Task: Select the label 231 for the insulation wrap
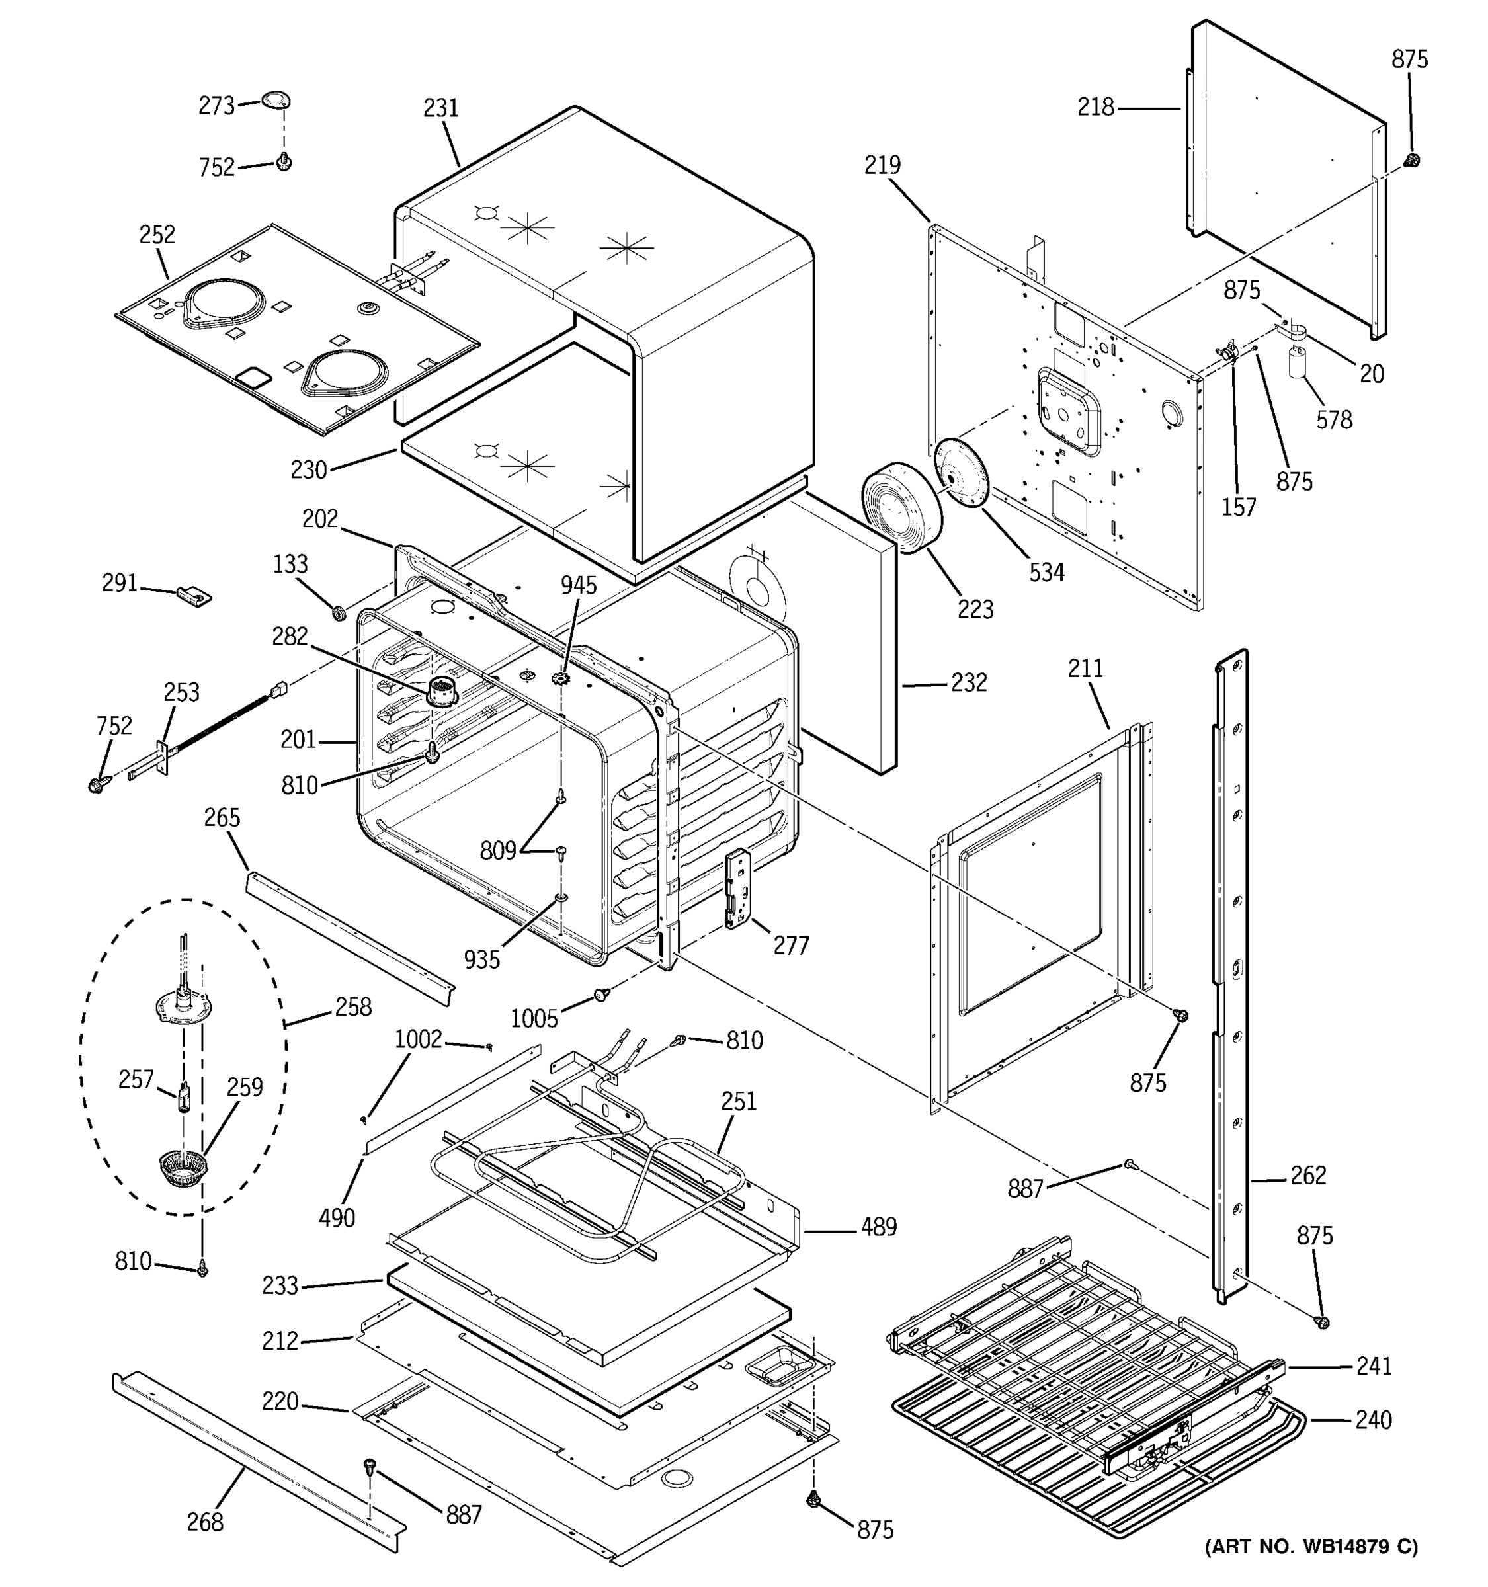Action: [x=440, y=108]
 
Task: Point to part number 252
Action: [x=157, y=234]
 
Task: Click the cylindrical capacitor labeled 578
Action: [x=1296, y=362]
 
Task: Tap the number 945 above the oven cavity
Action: [x=578, y=585]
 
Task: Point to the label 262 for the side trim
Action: [x=1307, y=1175]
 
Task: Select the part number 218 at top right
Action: [x=1095, y=107]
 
